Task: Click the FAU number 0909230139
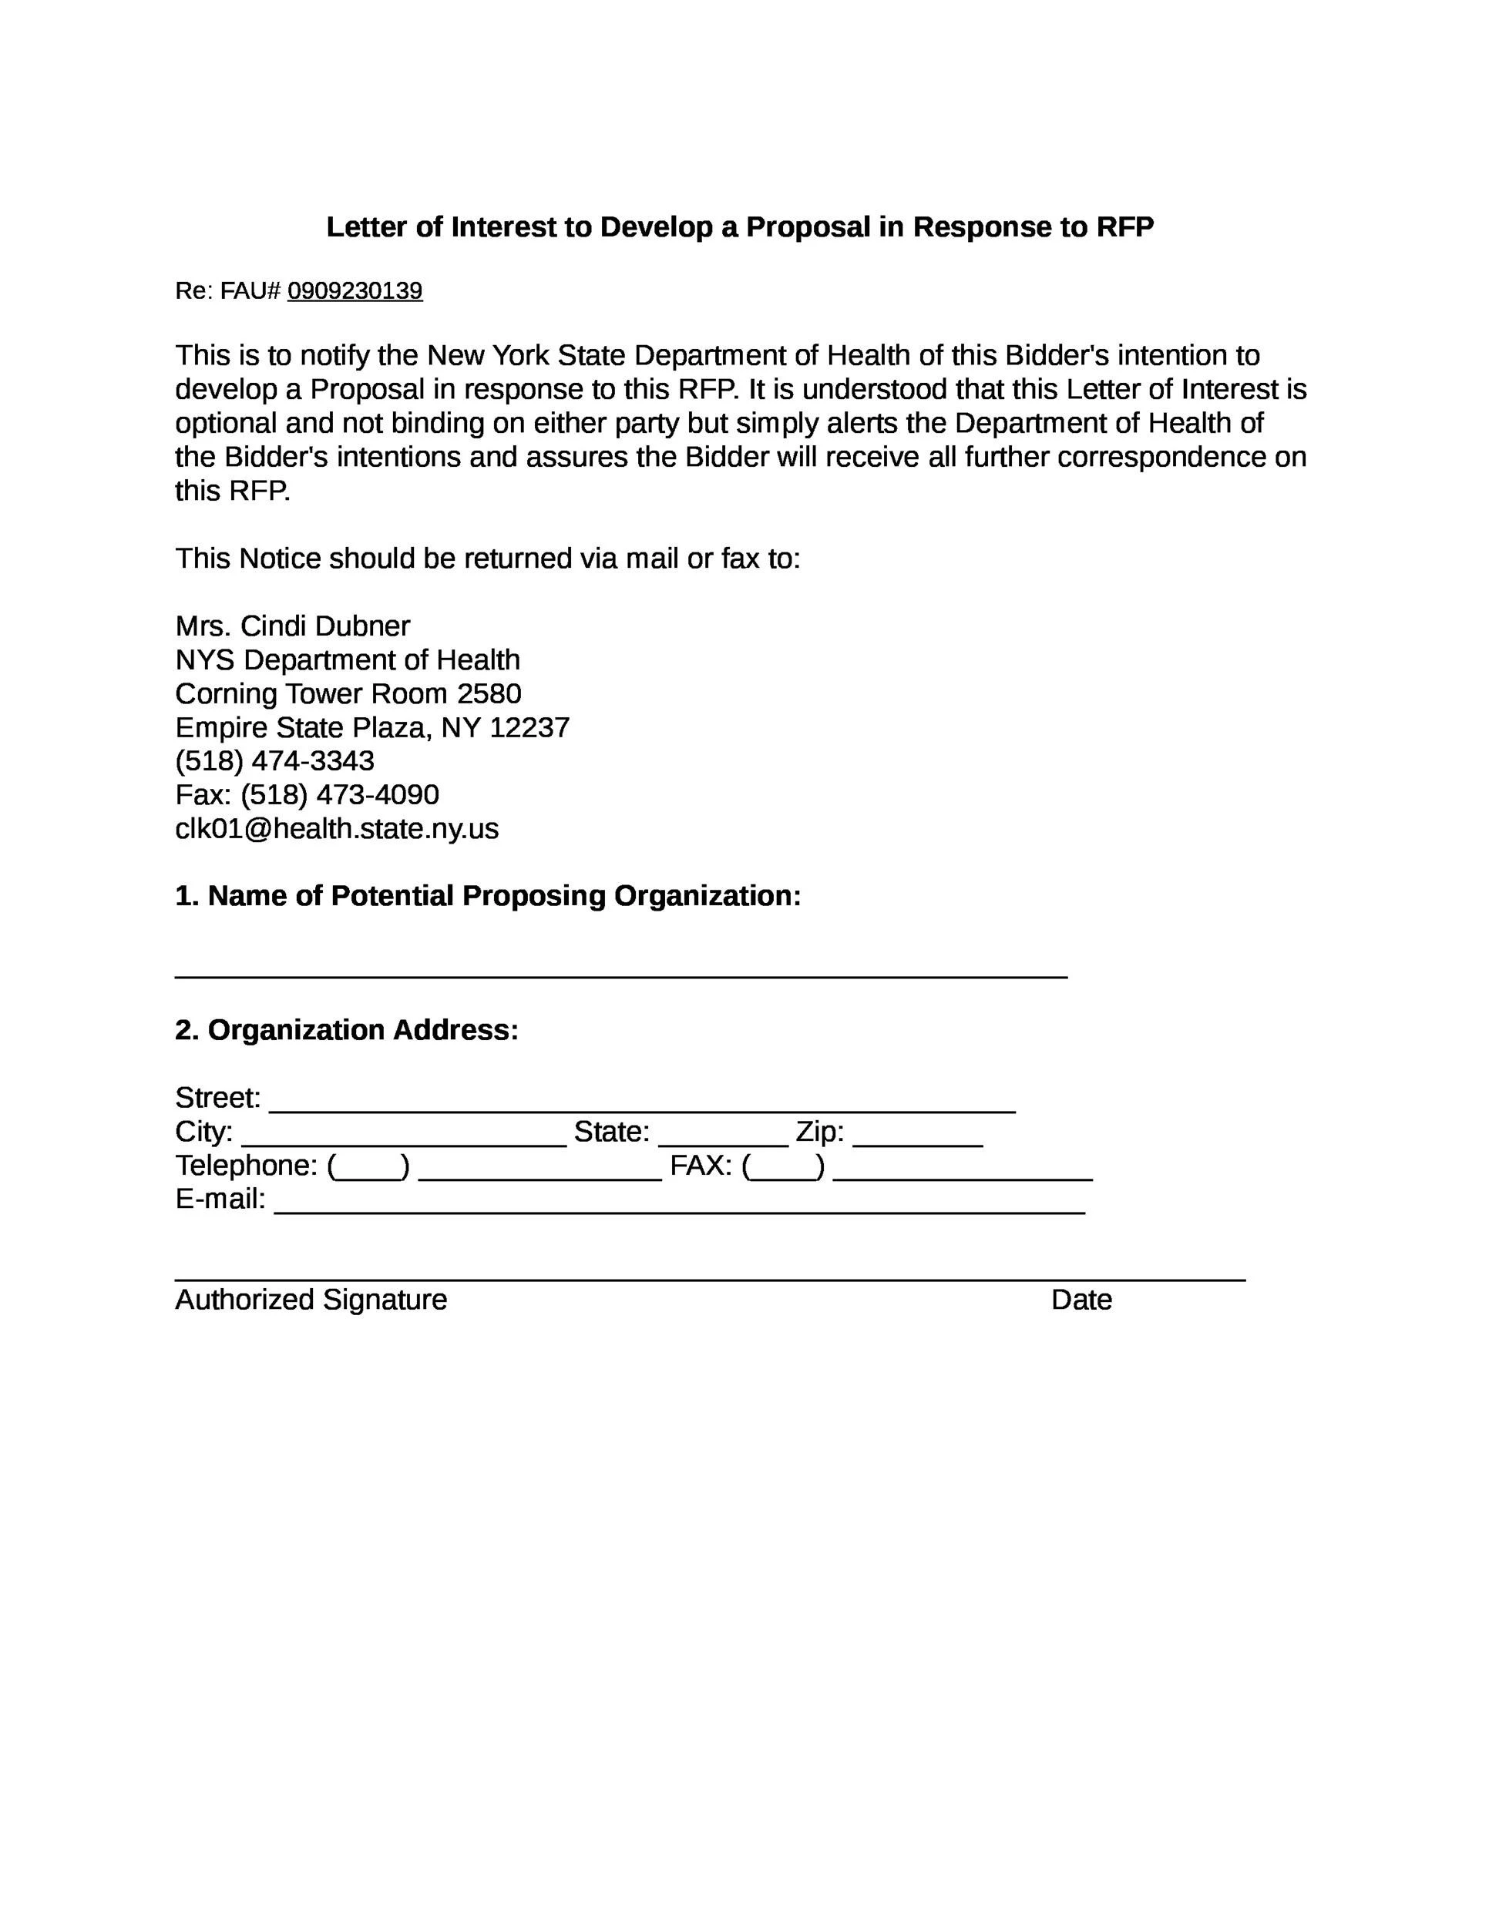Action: point(355,291)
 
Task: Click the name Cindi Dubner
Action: point(324,626)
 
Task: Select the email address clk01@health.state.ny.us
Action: point(337,829)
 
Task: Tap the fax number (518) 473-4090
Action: point(340,794)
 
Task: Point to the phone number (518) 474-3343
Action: point(274,761)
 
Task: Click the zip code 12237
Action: point(529,727)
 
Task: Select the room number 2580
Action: point(489,694)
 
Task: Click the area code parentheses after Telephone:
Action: point(368,1166)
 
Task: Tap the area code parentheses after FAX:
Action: point(783,1166)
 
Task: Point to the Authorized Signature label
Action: point(311,1300)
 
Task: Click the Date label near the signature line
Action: point(1081,1300)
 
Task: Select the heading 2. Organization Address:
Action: point(347,1030)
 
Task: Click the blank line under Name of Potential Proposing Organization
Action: point(621,973)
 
